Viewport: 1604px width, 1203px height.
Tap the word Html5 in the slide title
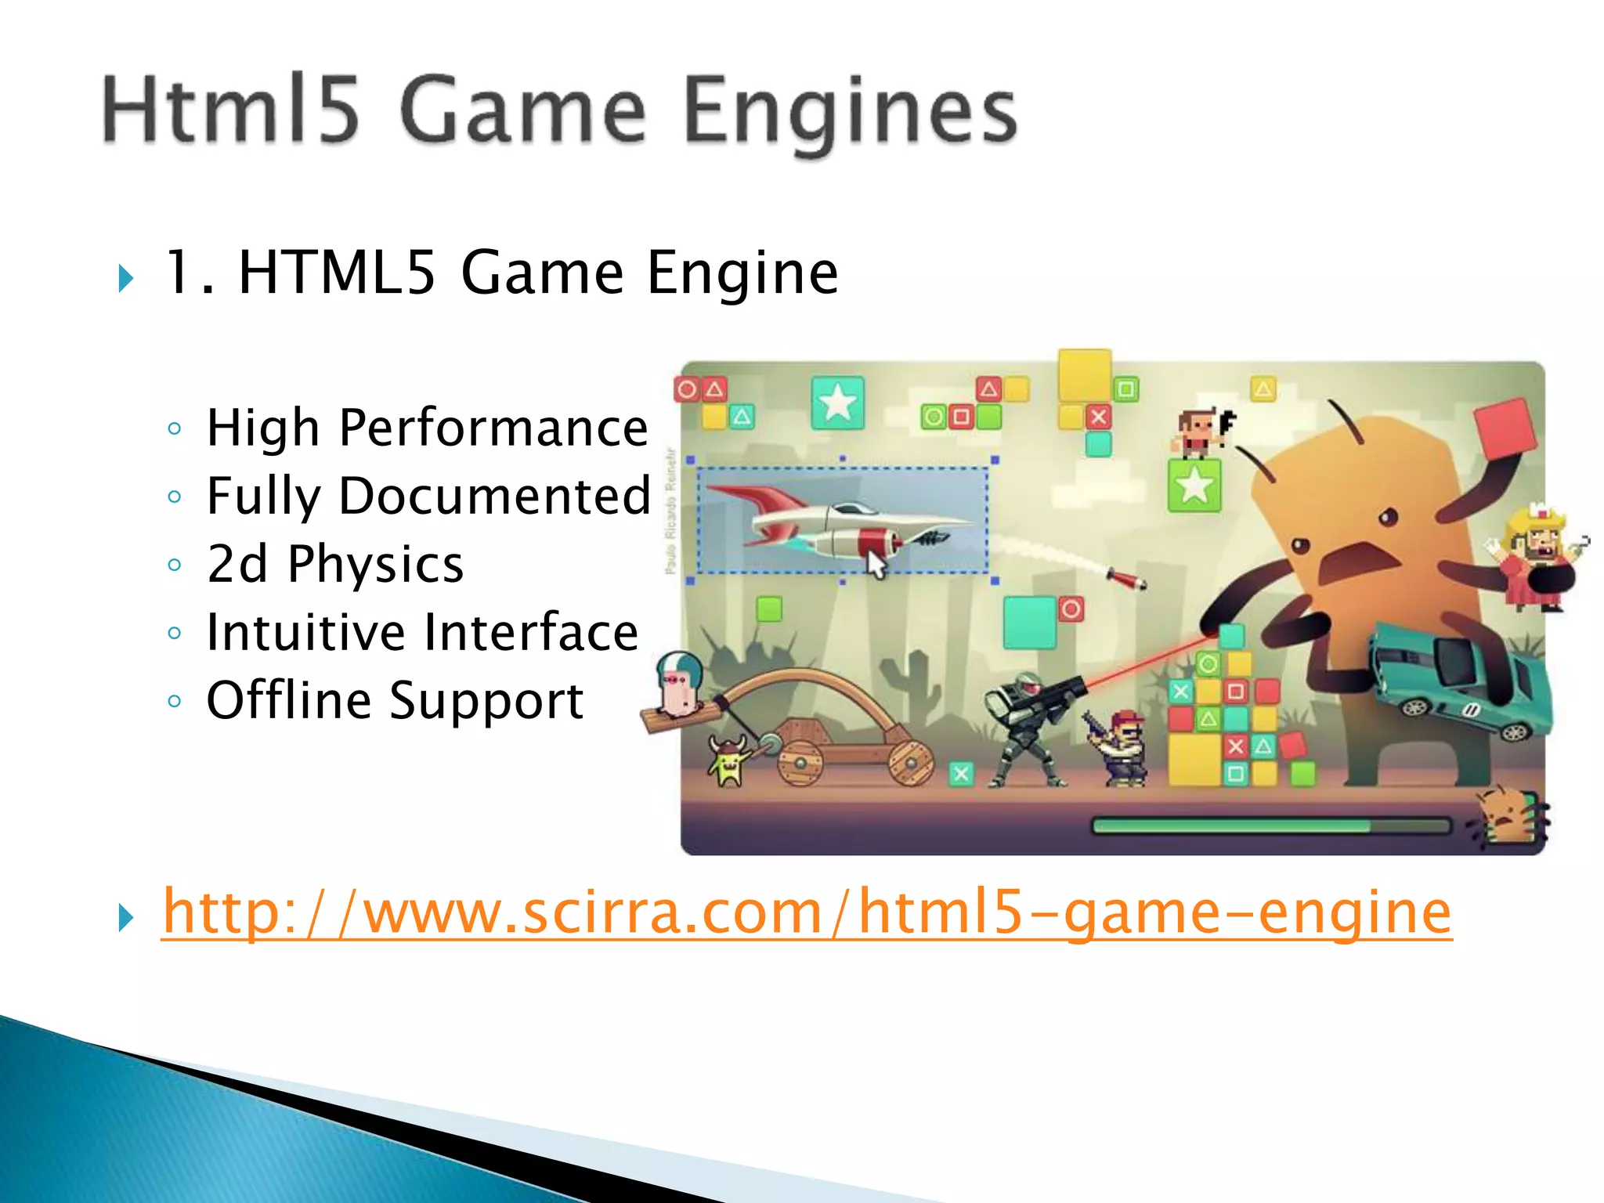pos(231,110)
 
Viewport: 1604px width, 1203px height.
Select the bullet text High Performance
pos(427,428)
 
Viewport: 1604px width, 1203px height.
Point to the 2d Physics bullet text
pos(335,565)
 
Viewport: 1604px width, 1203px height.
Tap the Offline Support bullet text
pos(395,700)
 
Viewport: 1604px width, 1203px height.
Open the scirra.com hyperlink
pos(807,912)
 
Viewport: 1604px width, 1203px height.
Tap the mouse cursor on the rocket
pos(876,564)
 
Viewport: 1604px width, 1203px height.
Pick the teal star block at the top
pos(838,403)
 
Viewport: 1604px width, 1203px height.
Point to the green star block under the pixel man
pos(1194,486)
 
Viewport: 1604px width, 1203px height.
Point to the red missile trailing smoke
pos(1126,580)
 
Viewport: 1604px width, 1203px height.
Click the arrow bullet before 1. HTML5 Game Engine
pos(125,277)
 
